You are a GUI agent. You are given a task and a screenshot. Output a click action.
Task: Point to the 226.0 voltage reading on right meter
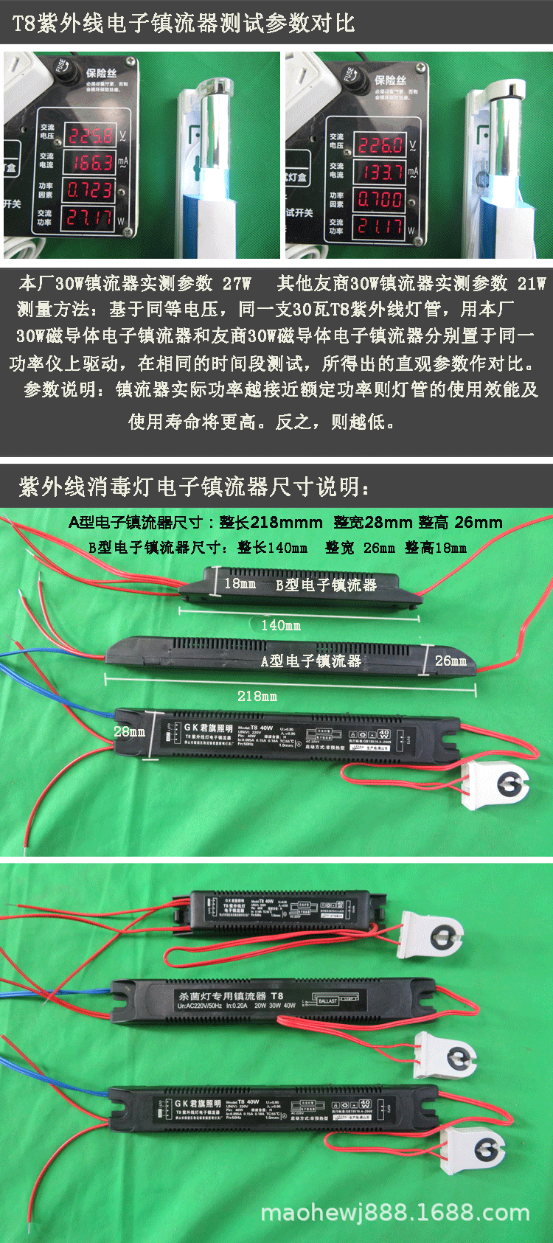pyautogui.click(x=380, y=145)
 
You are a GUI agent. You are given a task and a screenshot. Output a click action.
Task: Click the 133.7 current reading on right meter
pyautogui.click(x=380, y=173)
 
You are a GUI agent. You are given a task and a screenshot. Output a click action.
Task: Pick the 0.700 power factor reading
pyautogui.click(x=380, y=199)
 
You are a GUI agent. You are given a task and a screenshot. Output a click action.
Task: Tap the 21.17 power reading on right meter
pyautogui.click(x=380, y=226)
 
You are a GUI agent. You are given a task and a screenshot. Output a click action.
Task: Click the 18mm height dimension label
pyautogui.click(x=240, y=583)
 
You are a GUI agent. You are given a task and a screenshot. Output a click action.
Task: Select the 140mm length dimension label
pyautogui.click(x=281, y=625)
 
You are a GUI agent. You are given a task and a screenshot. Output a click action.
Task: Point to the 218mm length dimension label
pyautogui.click(x=257, y=696)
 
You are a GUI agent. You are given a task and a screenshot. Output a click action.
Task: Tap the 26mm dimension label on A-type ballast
pyautogui.click(x=451, y=661)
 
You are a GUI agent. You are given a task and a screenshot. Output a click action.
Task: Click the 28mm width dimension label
pyautogui.click(x=129, y=731)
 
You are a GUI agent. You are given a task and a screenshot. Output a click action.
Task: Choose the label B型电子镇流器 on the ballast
pyautogui.click(x=326, y=585)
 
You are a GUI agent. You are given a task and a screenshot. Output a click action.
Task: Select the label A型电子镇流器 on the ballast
pyautogui.click(x=311, y=661)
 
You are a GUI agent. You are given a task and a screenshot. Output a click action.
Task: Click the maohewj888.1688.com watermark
pyautogui.click(x=395, y=1213)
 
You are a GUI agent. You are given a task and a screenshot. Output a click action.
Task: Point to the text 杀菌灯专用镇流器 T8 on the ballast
pyautogui.click(x=229, y=995)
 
